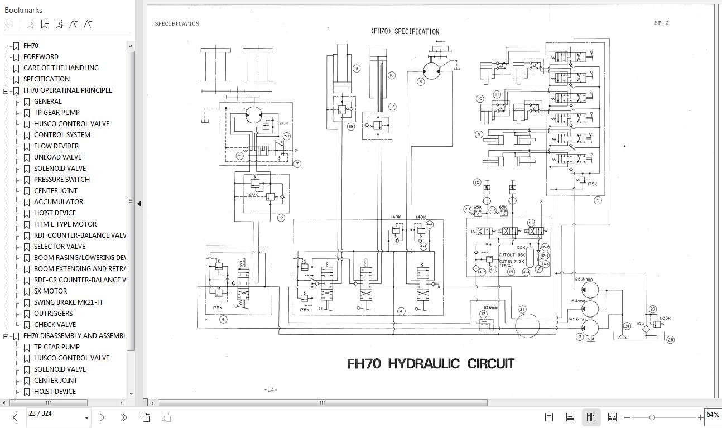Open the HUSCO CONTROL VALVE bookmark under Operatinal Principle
pos(71,123)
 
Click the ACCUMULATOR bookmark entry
pos(58,201)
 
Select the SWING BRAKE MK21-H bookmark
pos(68,302)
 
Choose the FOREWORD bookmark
pos(41,56)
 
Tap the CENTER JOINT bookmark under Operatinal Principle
pos(55,190)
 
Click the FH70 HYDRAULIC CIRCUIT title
pos(430,364)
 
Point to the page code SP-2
pos(661,23)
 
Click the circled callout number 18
pos(356,69)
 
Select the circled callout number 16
pos(391,75)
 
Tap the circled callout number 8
pos(421,81)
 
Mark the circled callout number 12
pos(281,218)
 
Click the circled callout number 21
pos(522,309)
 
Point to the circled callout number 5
pos(598,200)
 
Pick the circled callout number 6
pos(223,320)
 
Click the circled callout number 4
pos(401,311)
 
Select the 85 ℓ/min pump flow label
pos(584,280)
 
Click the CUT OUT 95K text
pos(512,255)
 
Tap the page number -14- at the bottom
pos(271,389)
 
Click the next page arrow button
pos(102,417)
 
